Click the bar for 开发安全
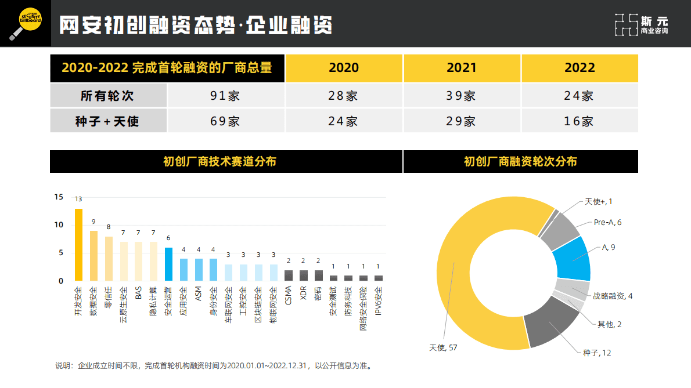tap(78, 245)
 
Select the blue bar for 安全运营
tap(168, 264)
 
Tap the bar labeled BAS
tap(138, 262)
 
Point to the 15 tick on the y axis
tap(59, 197)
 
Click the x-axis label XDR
tap(304, 293)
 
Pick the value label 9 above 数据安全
tap(93, 222)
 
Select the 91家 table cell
tap(225, 96)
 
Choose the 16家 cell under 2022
tap(579, 121)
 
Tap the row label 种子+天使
tap(107, 121)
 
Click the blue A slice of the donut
tap(571, 259)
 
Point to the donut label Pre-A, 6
tap(607, 222)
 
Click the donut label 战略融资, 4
tap(613, 296)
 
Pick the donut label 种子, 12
tap(597, 352)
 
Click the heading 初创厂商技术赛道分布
tap(226, 162)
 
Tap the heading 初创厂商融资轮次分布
tap(520, 162)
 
